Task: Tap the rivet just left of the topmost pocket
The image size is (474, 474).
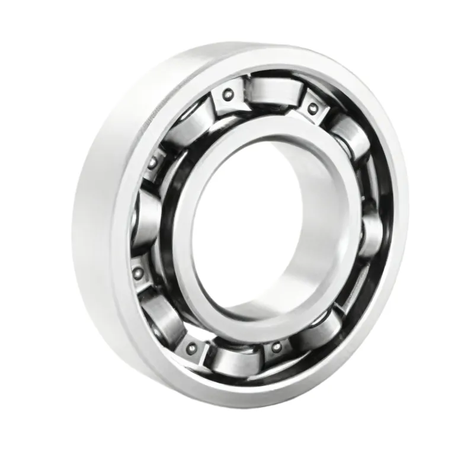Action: pos(227,94)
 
